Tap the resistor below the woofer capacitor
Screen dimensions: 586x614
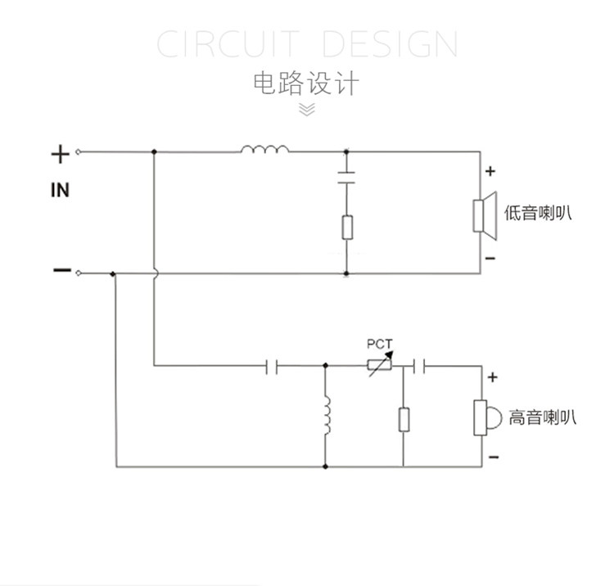(x=346, y=227)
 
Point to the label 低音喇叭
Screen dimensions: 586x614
(x=538, y=214)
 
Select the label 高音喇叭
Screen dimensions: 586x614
(x=542, y=417)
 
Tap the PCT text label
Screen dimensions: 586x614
(x=380, y=344)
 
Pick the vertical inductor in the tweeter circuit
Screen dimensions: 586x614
(x=326, y=417)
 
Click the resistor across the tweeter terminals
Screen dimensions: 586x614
(x=404, y=420)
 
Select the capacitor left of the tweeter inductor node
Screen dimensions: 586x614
(x=273, y=365)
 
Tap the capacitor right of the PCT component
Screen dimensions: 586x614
(x=418, y=365)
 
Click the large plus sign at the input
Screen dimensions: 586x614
(x=60, y=153)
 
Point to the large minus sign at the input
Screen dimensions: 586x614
(x=61, y=271)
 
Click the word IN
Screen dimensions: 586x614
(x=60, y=191)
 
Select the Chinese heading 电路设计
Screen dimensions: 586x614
(x=306, y=83)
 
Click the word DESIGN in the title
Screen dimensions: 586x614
(x=390, y=43)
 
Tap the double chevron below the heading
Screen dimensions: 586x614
(x=306, y=109)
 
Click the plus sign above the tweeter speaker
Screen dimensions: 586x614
(x=493, y=377)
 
